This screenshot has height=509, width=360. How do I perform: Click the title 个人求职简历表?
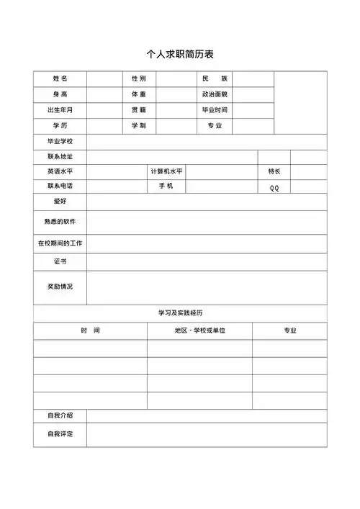click(180, 54)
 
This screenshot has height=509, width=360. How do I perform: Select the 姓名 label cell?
click(60, 78)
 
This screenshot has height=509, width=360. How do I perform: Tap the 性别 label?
click(138, 78)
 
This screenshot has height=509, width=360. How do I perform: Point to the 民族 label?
click(215, 78)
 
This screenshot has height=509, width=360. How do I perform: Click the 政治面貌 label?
click(215, 94)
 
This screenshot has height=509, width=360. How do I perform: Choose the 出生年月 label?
click(60, 110)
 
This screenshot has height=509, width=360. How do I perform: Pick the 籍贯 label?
click(138, 110)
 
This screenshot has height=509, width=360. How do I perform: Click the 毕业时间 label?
click(215, 110)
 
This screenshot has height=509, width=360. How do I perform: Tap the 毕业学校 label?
click(60, 141)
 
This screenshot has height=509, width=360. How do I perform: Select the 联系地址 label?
click(60, 157)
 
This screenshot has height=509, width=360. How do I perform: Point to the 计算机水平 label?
click(166, 171)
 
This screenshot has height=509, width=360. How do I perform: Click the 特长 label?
click(274, 171)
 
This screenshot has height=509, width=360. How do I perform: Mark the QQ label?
click(274, 188)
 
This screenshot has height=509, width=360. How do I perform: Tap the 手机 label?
click(166, 186)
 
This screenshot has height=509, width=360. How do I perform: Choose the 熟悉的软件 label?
click(60, 222)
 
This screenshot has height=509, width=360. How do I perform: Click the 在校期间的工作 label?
click(60, 243)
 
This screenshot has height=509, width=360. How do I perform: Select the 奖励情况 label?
click(60, 287)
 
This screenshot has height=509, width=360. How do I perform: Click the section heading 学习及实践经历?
click(180, 313)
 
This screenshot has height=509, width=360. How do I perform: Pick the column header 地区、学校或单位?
click(199, 330)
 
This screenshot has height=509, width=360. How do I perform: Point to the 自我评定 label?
click(60, 434)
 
